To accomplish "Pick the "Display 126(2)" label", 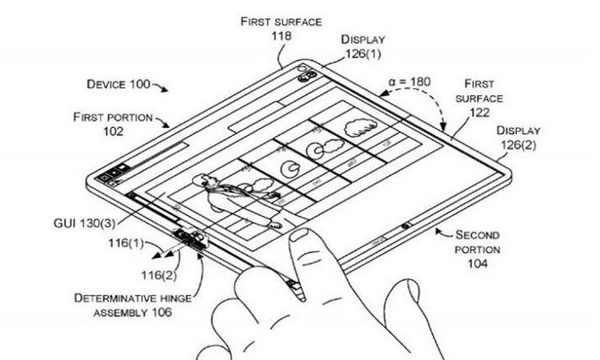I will [x=518, y=137].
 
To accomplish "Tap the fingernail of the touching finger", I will [x=305, y=236].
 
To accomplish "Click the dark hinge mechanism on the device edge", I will [x=187, y=239].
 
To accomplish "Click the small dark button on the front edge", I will [x=409, y=226].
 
